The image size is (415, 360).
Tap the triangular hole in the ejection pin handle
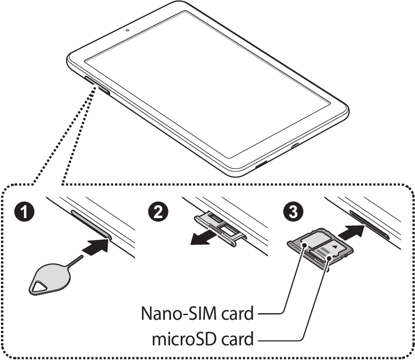click(x=40, y=285)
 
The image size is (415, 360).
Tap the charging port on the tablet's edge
click(x=295, y=146)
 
